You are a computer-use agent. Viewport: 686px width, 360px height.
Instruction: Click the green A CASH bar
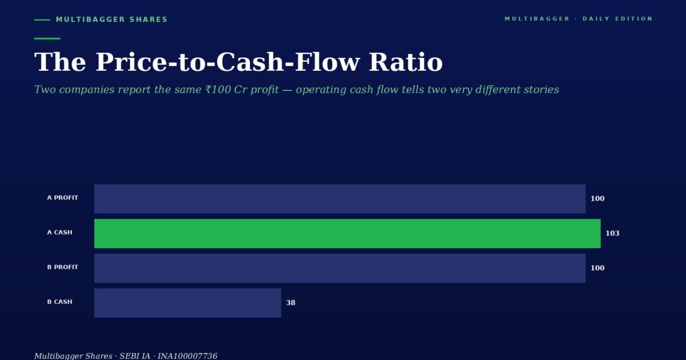[x=348, y=233]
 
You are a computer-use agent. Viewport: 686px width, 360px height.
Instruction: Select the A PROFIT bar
[x=340, y=199]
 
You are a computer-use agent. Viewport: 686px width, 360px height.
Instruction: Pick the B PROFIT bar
[x=340, y=268]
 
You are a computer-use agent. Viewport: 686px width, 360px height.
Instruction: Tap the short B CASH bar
[x=188, y=303]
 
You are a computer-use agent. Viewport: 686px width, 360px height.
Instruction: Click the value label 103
[x=612, y=233]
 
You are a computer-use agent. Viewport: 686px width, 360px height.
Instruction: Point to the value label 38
[x=290, y=303]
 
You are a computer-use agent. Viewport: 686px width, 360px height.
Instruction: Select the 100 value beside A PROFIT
[x=597, y=199]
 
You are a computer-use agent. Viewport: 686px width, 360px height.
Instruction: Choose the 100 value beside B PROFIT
[x=597, y=268]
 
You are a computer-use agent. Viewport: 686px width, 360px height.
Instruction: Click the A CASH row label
[x=59, y=233]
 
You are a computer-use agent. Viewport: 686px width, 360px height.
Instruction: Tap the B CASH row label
[x=59, y=302]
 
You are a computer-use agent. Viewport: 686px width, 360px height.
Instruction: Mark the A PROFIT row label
[x=62, y=198]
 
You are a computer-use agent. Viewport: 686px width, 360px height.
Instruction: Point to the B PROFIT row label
[x=62, y=267]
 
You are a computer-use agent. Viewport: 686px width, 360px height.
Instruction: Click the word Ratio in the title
[x=406, y=62]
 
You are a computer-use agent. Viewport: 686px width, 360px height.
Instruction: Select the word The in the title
[x=60, y=62]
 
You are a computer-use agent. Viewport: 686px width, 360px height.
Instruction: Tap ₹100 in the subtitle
[x=218, y=90]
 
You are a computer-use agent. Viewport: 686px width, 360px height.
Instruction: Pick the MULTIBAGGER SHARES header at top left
[x=112, y=19]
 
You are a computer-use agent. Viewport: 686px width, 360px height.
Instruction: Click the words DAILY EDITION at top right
[x=618, y=19]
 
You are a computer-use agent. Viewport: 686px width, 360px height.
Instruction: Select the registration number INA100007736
[x=188, y=356]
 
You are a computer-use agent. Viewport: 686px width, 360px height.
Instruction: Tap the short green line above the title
[x=47, y=39]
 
